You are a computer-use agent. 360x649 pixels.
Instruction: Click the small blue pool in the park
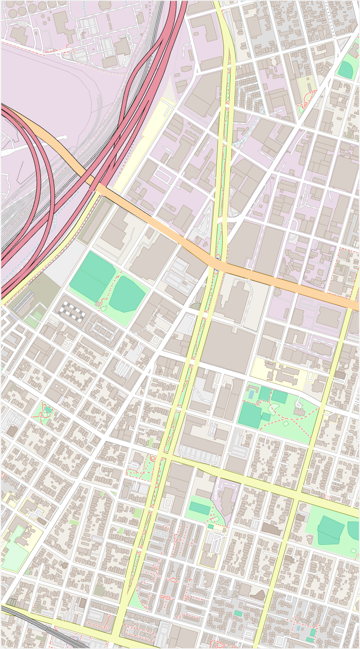[x=251, y=394]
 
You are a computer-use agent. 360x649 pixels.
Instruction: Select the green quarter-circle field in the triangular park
[x=346, y=69]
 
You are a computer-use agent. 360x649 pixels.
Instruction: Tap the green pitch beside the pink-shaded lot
[x=200, y=508]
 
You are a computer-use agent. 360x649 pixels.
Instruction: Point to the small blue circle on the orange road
[x=217, y=257]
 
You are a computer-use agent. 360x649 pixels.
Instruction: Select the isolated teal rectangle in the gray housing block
[x=238, y=613]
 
